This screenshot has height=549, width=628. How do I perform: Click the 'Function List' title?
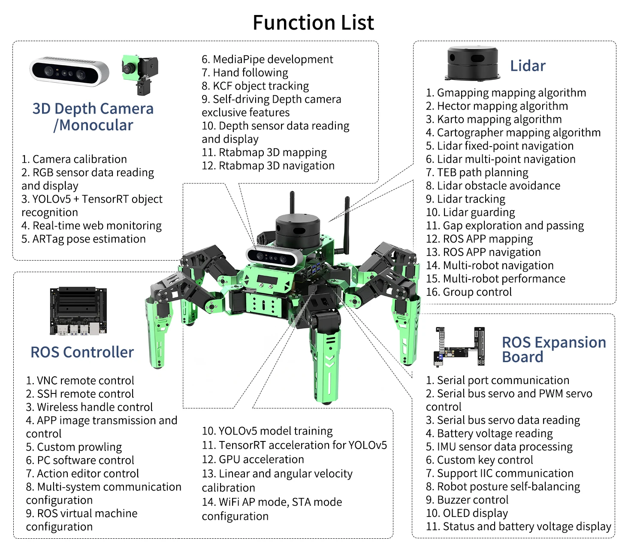[x=313, y=23]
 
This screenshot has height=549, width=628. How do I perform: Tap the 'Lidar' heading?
[x=528, y=66]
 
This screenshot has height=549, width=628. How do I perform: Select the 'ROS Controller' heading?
[x=82, y=352]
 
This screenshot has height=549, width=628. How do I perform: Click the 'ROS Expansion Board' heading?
[x=553, y=349]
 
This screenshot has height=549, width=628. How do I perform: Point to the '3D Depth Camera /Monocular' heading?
[x=93, y=117]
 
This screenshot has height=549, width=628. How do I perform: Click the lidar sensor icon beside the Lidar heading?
[x=473, y=64]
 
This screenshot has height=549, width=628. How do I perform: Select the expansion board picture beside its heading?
[x=460, y=346]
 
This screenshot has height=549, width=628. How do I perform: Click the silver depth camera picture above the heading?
[x=69, y=71]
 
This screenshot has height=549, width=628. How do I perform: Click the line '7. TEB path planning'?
[x=477, y=173]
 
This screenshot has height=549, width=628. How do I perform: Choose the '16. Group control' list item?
[x=469, y=292]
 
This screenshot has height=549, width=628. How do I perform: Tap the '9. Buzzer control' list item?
[x=467, y=500]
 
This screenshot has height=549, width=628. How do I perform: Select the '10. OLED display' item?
[x=467, y=513]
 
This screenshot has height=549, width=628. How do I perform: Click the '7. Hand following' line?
[x=245, y=73]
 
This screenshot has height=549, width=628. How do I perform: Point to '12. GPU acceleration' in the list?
[x=253, y=459]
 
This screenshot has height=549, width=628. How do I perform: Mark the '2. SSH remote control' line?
[x=80, y=394]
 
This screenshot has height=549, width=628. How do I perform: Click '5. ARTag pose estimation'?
[x=84, y=239]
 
